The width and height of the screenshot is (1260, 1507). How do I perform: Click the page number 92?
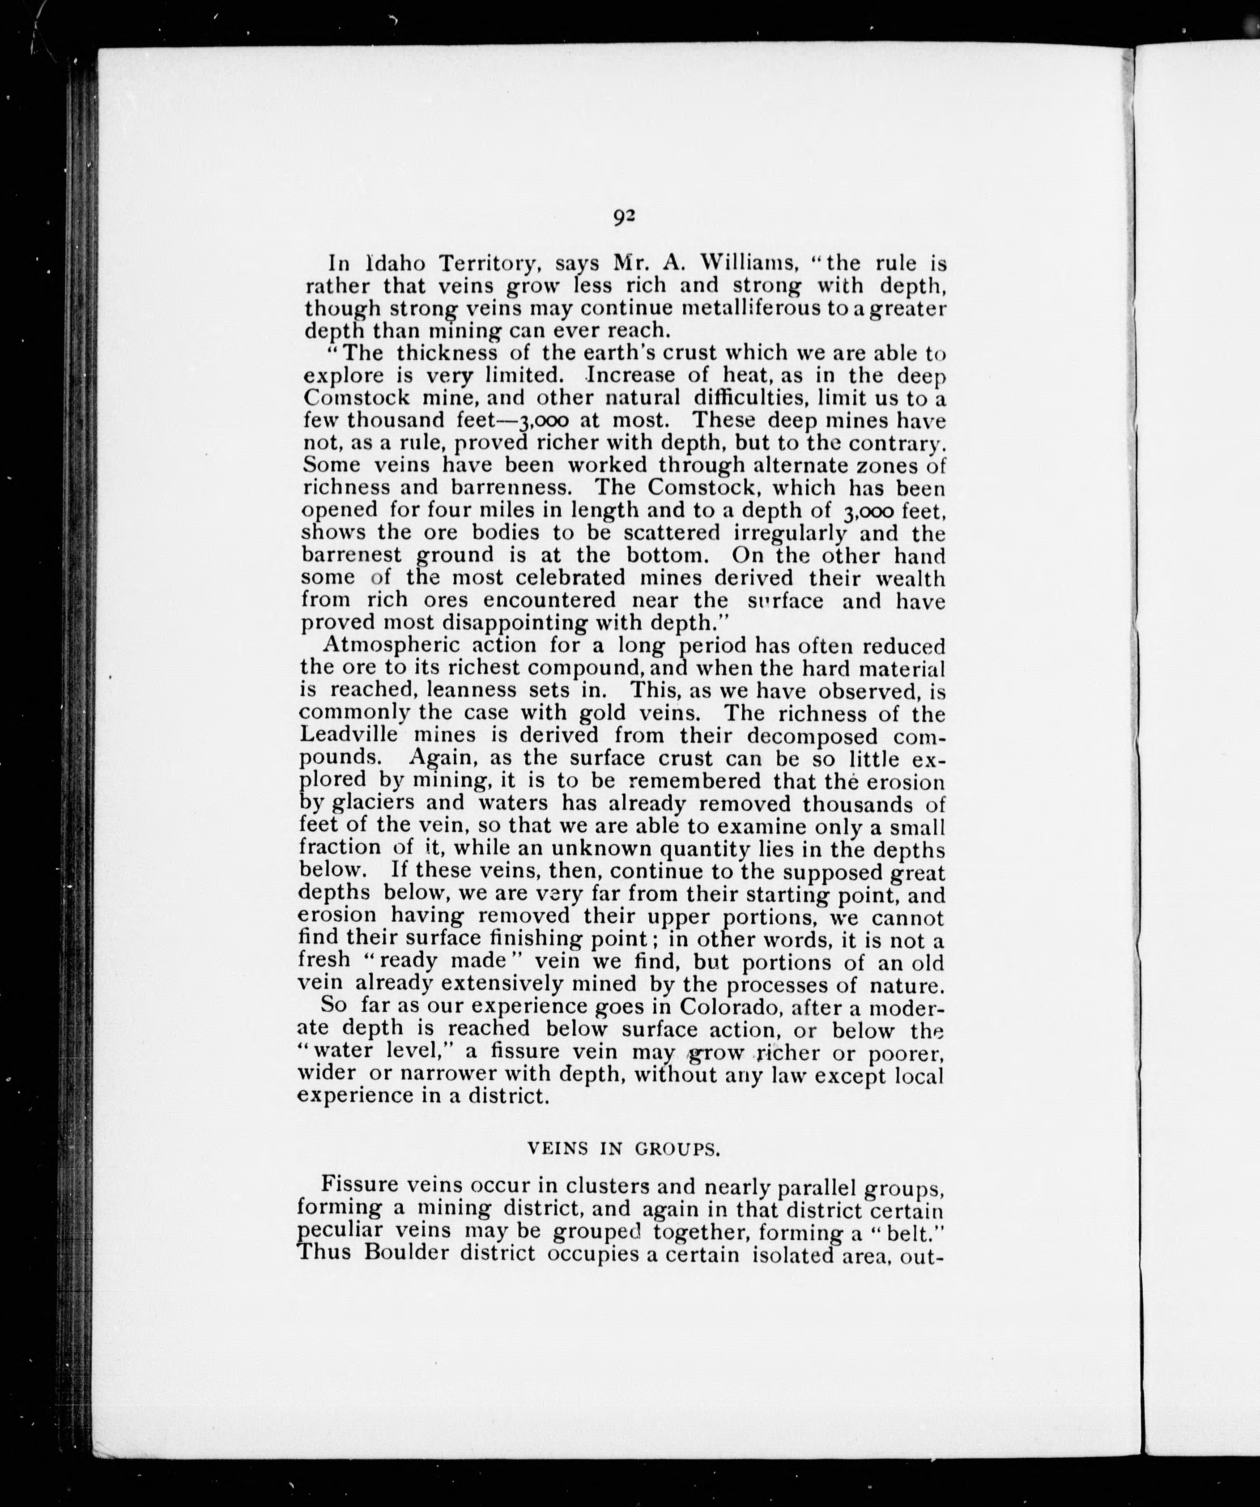click(x=624, y=216)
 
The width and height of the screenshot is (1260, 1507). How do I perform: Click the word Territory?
click(x=488, y=264)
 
